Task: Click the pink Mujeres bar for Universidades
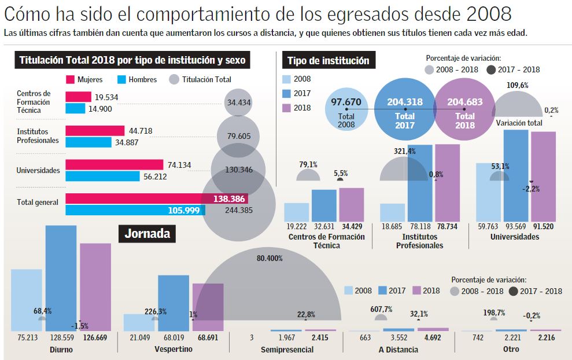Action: [x=114, y=165]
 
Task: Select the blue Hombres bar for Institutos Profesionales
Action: [x=88, y=142]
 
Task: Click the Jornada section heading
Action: [x=147, y=234]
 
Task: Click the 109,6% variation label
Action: [x=517, y=85]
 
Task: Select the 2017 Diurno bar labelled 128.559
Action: [x=61, y=278]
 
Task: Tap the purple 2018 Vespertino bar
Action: [x=208, y=307]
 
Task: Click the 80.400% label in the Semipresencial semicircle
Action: [x=270, y=258]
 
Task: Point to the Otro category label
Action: [x=511, y=349]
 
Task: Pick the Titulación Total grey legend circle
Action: [x=174, y=79]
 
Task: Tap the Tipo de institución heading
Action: [x=328, y=61]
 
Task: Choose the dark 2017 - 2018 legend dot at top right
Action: [x=491, y=69]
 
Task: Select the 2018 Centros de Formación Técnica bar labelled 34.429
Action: [x=351, y=204]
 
